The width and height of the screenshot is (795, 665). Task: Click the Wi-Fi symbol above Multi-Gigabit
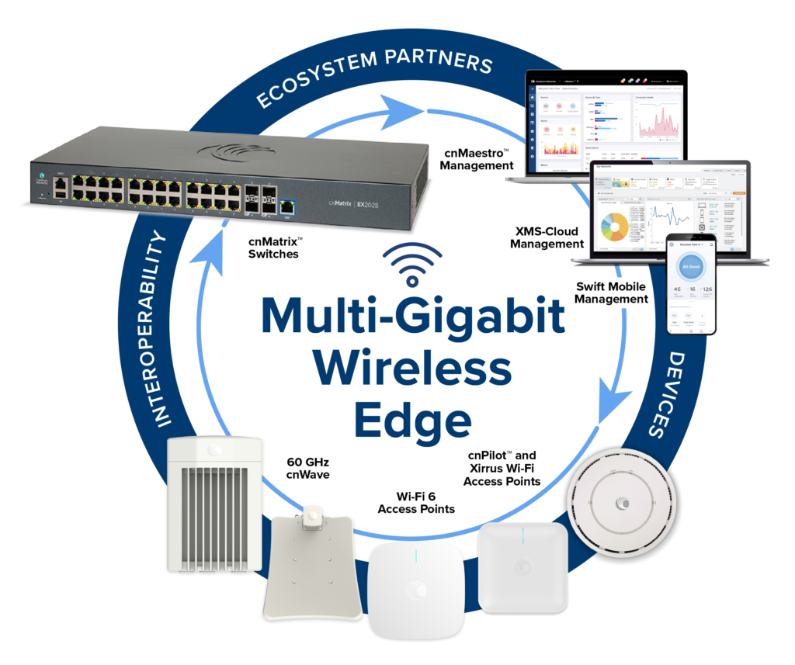click(x=413, y=264)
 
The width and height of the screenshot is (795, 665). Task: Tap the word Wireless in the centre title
click(x=413, y=368)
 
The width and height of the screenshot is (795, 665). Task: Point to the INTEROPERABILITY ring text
click(x=159, y=330)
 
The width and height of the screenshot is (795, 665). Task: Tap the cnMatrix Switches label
click(x=273, y=248)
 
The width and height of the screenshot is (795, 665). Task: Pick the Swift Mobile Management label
click(x=612, y=293)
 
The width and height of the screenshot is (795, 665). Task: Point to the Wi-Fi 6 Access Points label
click(x=415, y=503)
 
